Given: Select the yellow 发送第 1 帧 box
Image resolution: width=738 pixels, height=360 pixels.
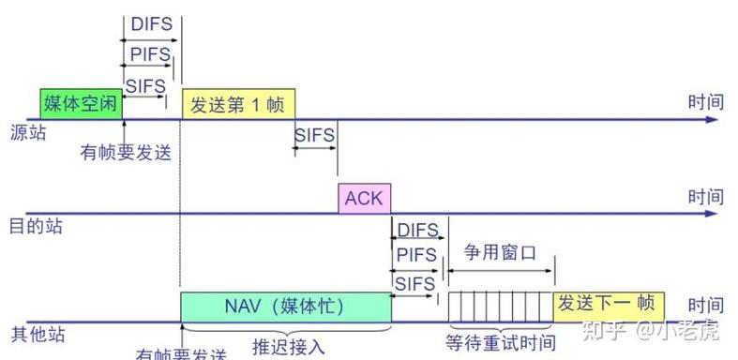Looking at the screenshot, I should coord(238,103).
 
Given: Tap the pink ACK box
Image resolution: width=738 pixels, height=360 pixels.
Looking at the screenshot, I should coord(364,199).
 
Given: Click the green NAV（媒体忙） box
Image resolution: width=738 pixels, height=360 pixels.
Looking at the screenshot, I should coord(285,306).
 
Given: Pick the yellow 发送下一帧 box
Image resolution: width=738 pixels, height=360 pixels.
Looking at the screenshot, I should coord(610,306).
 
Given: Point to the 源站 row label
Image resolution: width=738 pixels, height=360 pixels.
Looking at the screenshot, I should coord(27,132).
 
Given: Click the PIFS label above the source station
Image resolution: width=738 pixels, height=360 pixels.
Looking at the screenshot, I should coord(150,54).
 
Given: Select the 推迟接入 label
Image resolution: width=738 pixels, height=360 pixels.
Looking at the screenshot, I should coord(288,347).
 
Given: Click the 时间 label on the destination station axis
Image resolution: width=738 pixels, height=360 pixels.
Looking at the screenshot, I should coord(705,197).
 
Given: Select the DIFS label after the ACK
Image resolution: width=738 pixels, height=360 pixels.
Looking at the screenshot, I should coord(417,231).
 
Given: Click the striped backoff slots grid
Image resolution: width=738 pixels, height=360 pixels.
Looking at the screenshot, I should coord(501,306).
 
